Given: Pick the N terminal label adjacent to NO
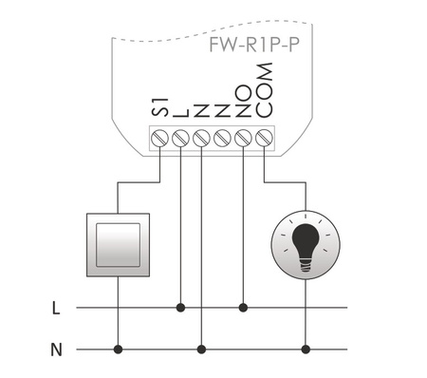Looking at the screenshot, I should click(x=223, y=111).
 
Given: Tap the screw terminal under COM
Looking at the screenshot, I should click(x=265, y=139).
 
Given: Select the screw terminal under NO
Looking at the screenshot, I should click(x=244, y=139).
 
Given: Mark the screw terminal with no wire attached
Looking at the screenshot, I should click(x=223, y=139).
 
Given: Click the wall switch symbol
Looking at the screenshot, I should click(x=118, y=242).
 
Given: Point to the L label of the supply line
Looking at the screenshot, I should click(x=56, y=308).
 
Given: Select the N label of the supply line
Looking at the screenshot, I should click(x=56, y=350).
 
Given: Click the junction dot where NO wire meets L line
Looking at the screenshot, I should click(x=244, y=307).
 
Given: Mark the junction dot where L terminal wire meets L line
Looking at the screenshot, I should click(x=180, y=307).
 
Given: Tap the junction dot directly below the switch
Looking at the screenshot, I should click(x=118, y=350).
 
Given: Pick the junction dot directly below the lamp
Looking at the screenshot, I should click(x=305, y=350).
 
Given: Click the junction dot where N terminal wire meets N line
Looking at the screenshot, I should click(x=201, y=350).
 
